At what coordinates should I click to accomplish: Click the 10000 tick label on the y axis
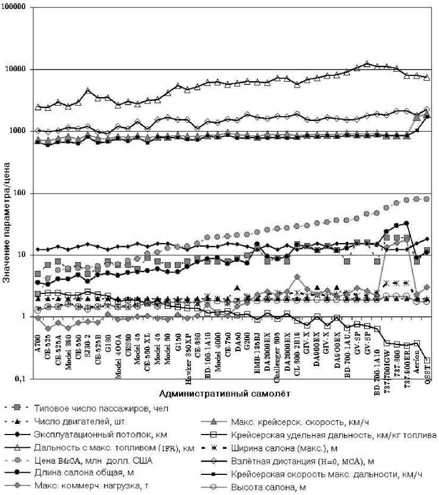[x=16, y=70]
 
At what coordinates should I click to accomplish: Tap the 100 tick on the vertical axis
[x=21, y=193]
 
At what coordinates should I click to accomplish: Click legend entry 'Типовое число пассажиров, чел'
[x=85, y=409]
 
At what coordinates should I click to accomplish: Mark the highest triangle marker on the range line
[x=367, y=64]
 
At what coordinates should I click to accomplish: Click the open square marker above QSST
[x=427, y=360]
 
